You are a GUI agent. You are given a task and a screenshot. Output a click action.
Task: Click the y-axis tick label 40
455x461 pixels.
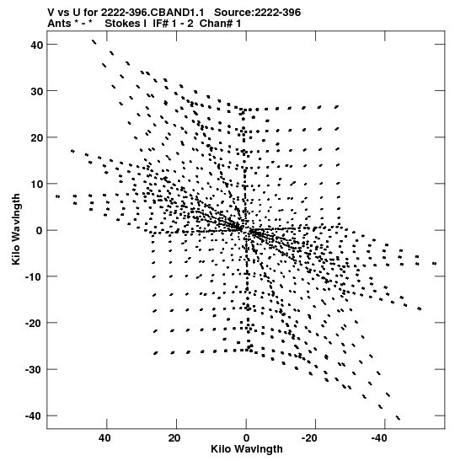37,45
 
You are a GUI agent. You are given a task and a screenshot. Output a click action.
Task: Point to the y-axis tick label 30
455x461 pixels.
37,91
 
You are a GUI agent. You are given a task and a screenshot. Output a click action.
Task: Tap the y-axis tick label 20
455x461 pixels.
37,138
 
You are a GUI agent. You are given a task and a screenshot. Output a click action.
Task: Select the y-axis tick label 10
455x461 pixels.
37,185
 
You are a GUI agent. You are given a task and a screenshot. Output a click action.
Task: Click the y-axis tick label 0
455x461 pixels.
40,231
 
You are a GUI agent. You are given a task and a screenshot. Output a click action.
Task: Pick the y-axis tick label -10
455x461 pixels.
35,277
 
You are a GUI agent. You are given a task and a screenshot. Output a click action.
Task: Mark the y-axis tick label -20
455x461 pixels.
35,324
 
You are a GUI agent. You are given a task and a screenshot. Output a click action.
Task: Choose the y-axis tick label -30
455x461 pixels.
35,370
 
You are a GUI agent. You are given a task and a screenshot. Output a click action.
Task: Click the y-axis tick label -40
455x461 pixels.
35,416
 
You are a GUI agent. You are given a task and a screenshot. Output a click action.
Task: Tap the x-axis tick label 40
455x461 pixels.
105,438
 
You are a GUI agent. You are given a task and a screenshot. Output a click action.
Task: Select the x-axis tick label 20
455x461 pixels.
174,438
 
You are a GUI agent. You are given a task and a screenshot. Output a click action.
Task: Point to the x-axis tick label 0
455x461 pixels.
246,438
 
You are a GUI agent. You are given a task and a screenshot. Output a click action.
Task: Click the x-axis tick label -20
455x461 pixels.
309,438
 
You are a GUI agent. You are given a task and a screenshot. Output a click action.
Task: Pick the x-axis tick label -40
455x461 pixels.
379,438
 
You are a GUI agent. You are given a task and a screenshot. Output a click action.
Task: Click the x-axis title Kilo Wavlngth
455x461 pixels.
247,449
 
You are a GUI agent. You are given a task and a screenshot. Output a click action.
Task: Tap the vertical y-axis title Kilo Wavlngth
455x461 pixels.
16,229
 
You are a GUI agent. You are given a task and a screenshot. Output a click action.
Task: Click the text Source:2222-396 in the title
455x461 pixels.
258,13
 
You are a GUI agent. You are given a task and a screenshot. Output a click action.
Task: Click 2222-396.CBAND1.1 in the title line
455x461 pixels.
153,13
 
